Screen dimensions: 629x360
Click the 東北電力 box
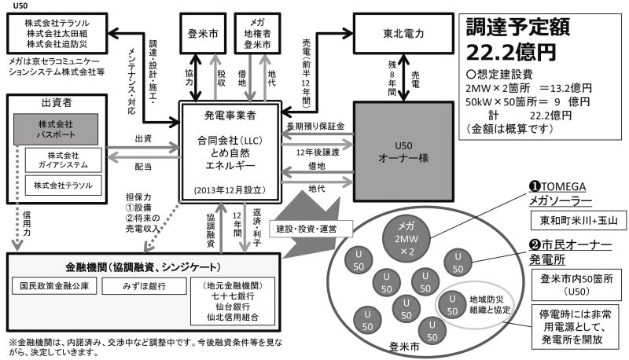tap(403, 34)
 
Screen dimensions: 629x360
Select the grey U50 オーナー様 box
tap(403, 151)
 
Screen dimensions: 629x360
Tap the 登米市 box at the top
tap(203, 34)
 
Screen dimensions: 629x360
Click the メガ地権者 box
tap(257, 34)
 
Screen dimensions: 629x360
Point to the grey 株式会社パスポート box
tap(56, 129)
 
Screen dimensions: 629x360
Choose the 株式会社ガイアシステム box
tap(64, 160)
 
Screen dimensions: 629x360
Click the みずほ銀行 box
tap(144, 286)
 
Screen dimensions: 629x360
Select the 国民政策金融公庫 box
tap(54, 286)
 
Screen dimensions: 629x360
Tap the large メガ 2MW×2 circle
tap(406, 239)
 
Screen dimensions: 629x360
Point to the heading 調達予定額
tap(518, 28)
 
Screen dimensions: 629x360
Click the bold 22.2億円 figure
tap(511, 52)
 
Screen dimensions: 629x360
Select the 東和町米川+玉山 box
tap(579, 221)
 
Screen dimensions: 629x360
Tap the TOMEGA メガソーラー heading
tap(560, 193)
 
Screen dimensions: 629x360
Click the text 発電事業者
tap(230, 116)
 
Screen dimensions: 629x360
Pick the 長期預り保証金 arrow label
tap(316, 127)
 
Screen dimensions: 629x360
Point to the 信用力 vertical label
tap(27, 223)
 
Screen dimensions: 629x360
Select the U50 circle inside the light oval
tap(452, 305)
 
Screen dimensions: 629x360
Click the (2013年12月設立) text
tap(230, 190)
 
